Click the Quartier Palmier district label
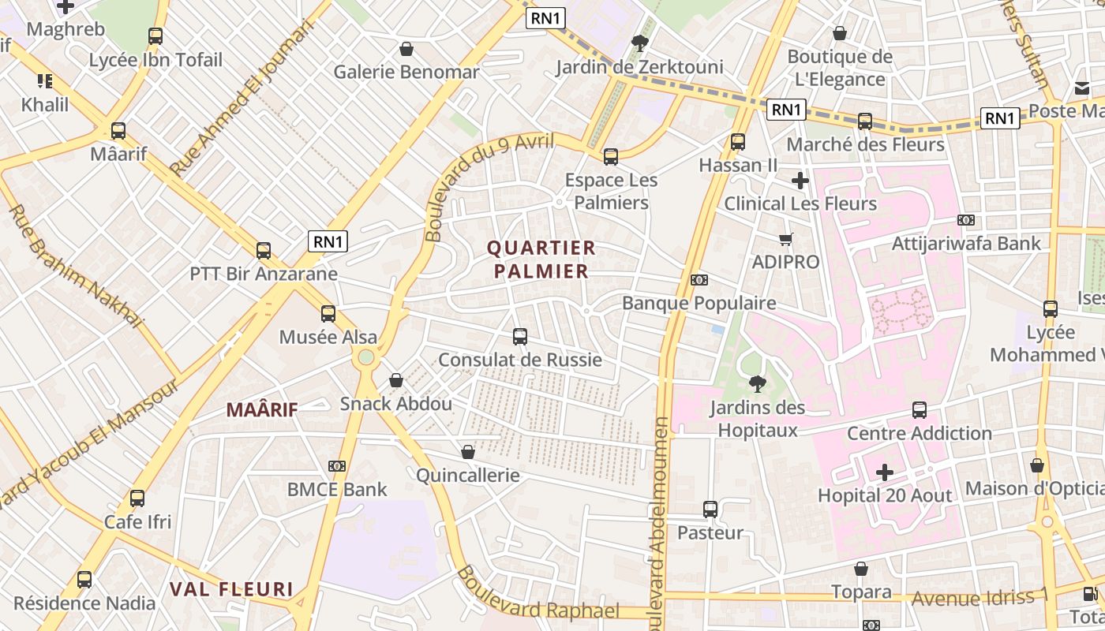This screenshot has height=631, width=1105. click(x=541, y=259)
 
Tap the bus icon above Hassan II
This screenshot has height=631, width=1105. click(x=738, y=142)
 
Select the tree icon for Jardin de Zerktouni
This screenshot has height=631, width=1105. click(x=639, y=43)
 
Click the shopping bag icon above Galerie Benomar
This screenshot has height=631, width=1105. click(x=406, y=49)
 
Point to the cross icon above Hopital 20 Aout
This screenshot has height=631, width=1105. click(x=885, y=472)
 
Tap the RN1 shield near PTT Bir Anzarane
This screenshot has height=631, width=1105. click(x=328, y=241)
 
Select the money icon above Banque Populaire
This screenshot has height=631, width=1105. click(x=699, y=280)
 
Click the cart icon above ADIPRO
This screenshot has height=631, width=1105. click(x=785, y=239)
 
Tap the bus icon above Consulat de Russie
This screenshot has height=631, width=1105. click(x=520, y=337)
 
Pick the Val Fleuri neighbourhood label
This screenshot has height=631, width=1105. click(x=231, y=589)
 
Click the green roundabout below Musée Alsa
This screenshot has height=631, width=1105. click(x=365, y=358)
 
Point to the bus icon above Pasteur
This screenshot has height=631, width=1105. click(x=710, y=510)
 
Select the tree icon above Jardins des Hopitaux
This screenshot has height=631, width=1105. click(x=757, y=384)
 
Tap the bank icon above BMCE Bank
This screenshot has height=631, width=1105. click(x=337, y=466)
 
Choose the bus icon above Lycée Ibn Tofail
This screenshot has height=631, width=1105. click(x=155, y=36)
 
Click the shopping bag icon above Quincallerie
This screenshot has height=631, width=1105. click(x=468, y=452)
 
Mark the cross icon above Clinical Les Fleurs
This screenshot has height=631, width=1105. click(x=800, y=181)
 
